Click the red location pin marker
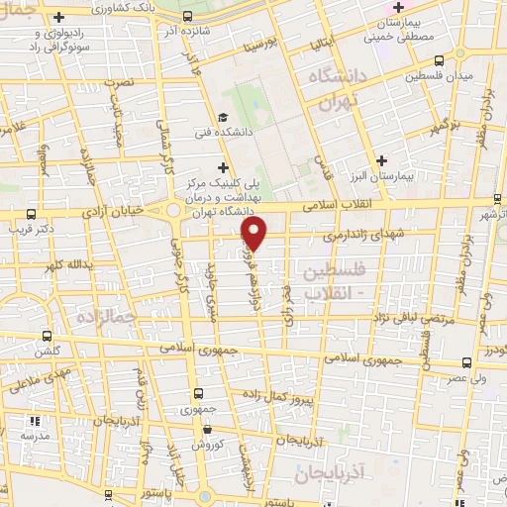[x=254, y=233]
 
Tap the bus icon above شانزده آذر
[x=188, y=17]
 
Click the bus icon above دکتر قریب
[x=33, y=213]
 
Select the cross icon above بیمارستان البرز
[x=384, y=159]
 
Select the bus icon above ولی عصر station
[x=465, y=362]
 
